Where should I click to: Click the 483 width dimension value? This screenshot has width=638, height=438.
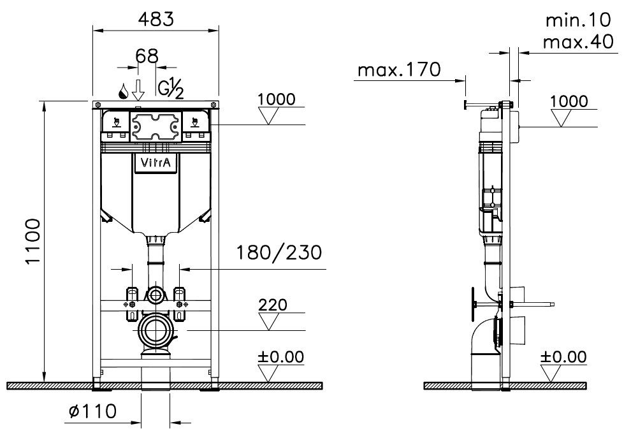point(156,20)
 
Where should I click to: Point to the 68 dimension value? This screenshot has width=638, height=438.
point(147,56)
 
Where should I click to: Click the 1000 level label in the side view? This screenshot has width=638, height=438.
point(568,100)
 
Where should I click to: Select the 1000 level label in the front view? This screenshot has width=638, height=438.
point(277,99)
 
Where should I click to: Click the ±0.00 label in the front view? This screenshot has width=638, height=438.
point(280,357)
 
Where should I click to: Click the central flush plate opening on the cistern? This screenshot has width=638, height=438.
point(156,126)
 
